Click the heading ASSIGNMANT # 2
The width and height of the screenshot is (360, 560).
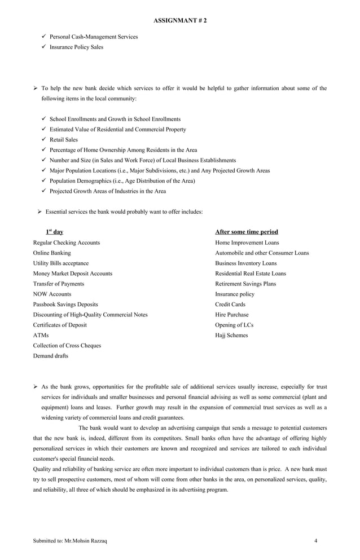tap(180, 20)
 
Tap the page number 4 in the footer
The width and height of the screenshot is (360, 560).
tap(316, 541)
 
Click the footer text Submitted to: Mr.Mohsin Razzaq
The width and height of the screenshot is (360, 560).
tap(70, 541)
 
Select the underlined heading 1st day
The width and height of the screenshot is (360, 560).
tap(54, 232)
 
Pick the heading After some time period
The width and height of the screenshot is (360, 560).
tap(247, 232)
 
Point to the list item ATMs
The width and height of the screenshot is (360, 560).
tap(41, 335)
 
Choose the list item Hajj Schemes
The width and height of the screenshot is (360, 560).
tap(231, 335)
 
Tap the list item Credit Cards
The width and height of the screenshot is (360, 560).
tap(230, 304)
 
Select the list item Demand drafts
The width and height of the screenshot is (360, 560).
tap(51, 356)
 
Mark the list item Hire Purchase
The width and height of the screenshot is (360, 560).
tap(231, 315)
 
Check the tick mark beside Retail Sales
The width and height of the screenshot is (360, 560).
tap(44, 139)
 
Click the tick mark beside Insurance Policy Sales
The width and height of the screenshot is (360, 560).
tap(44, 47)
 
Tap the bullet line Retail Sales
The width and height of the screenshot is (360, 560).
tap(64, 139)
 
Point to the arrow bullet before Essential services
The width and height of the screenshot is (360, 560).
tap(39, 211)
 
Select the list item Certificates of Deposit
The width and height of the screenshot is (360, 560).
tap(60, 325)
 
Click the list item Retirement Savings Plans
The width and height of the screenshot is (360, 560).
tap(245, 284)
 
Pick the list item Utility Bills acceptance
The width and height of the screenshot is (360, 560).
tap(61, 263)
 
